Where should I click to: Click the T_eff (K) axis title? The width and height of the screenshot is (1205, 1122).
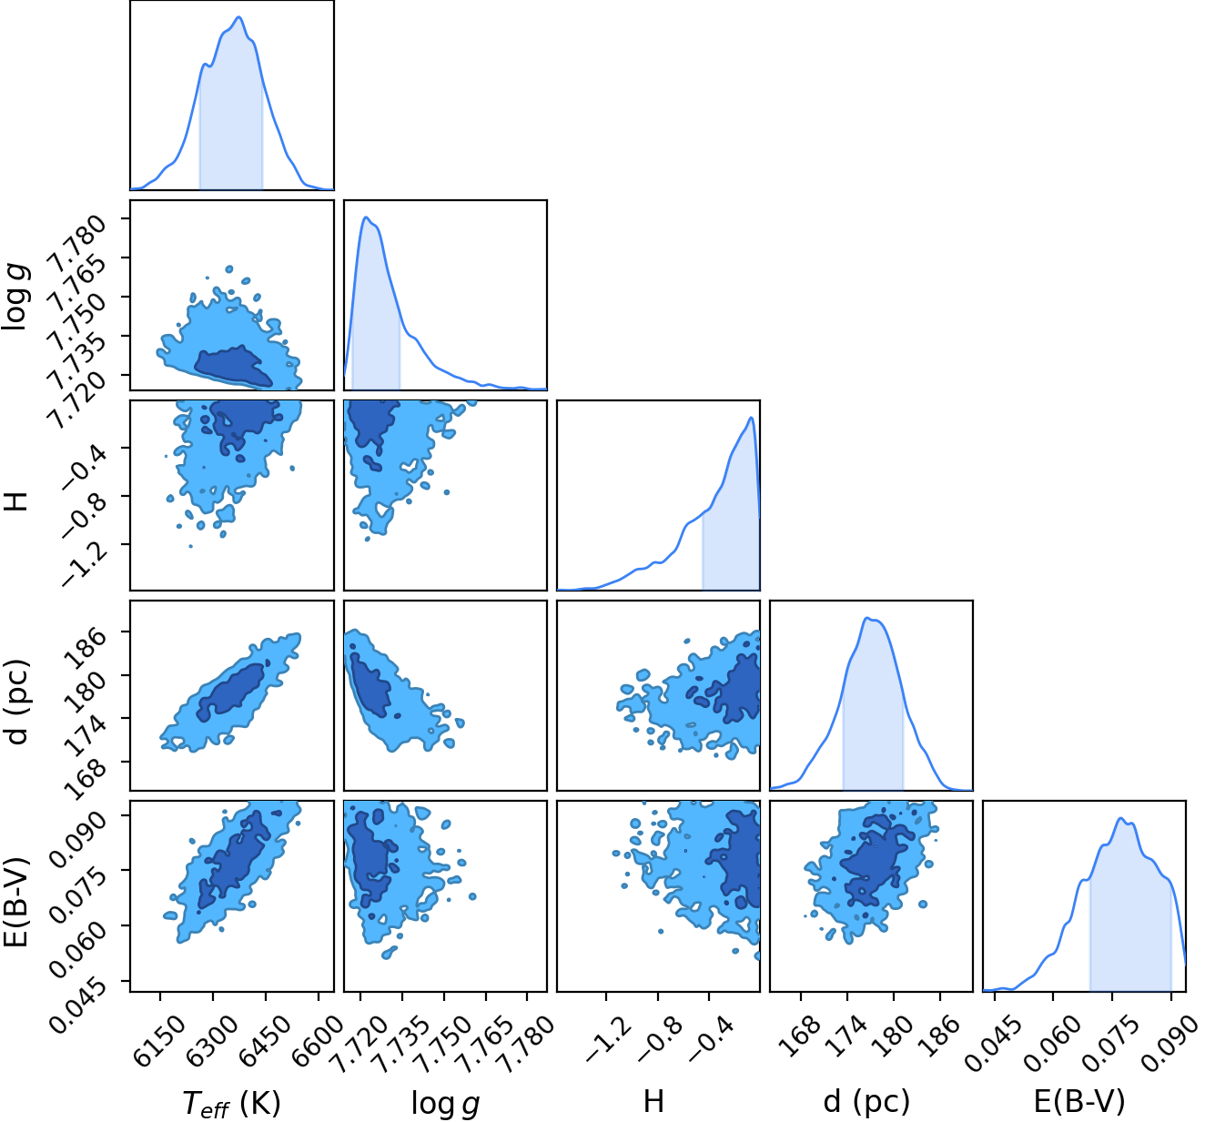pyautogui.click(x=231, y=1102)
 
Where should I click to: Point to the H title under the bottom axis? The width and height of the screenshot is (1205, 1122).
pyautogui.click(x=653, y=1101)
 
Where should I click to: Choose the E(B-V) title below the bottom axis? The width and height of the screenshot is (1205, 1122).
pyautogui.click(x=1078, y=1101)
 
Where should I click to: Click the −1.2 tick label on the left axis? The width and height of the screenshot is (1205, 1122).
pyautogui.click(x=83, y=561)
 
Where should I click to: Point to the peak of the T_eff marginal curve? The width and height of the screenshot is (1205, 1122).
pyautogui.click(x=239, y=17)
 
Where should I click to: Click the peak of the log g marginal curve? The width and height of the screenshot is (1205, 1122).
pyautogui.click(x=366, y=217)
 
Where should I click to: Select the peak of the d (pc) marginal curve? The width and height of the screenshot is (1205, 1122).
pyautogui.click(x=866, y=618)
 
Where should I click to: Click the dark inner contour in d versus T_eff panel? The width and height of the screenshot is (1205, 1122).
pyautogui.click(x=230, y=692)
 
